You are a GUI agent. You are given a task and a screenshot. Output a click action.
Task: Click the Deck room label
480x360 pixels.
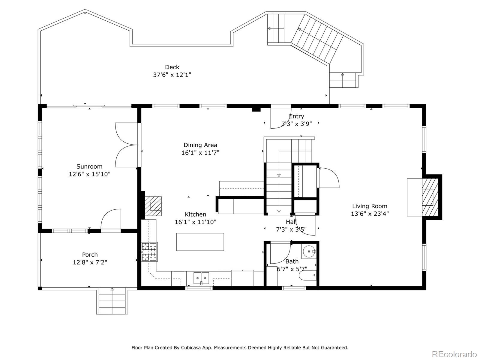click(172, 67)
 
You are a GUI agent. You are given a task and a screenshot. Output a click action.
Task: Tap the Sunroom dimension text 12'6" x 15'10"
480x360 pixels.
click(89, 174)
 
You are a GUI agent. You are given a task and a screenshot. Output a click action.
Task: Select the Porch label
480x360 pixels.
click(90, 255)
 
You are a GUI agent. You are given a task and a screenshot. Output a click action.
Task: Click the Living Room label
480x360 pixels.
click(370, 206)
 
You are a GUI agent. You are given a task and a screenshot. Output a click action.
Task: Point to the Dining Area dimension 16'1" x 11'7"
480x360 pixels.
click(200, 153)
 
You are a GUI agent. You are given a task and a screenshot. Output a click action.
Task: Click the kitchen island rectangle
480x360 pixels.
click(200, 242)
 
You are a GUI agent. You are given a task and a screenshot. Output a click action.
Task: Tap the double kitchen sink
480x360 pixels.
click(201, 278)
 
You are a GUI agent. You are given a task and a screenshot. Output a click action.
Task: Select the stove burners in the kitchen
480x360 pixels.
click(150, 252)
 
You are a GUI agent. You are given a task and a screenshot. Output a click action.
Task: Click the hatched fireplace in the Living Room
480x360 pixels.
click(430, 197)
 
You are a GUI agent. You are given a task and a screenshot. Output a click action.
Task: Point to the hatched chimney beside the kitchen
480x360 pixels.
click(153, 206)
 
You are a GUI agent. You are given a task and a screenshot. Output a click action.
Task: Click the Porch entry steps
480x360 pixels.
click(112, 301)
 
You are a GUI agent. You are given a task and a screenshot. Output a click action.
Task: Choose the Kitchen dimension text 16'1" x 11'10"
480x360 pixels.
click(196, 222)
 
